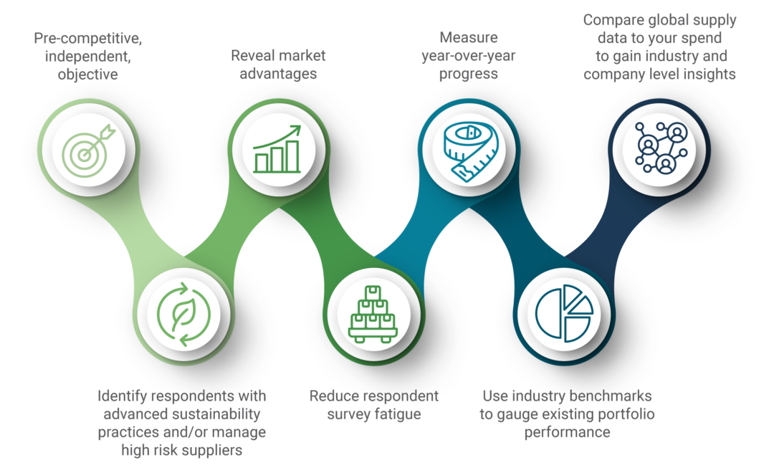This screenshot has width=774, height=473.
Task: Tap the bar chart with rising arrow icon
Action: (277, 149)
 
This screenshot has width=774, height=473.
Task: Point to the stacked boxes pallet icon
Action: (373, 314)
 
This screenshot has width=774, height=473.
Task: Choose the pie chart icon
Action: (564, 313)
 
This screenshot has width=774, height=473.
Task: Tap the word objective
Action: (88, 75)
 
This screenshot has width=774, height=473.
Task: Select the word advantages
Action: (278, 74)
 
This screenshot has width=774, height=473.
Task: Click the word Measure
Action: (469, 37)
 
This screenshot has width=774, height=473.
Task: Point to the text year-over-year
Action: (469, 56)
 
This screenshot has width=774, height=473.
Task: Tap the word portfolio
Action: (626, 414)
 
